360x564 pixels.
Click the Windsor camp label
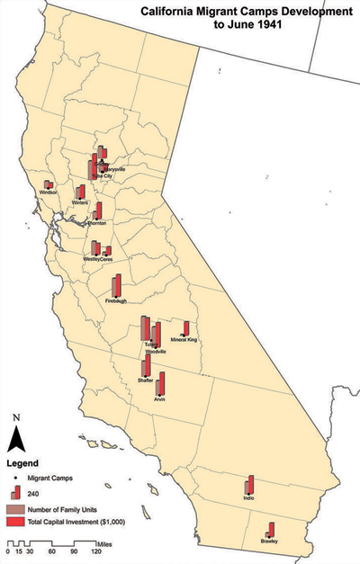(x=48, y=192)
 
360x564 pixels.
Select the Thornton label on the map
(x=96, y=222)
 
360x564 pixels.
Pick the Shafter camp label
(x=145, y=380)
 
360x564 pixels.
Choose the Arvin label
(x=160, y=398)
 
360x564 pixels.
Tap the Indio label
(x=249, y=498)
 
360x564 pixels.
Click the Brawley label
(x=271, y=541)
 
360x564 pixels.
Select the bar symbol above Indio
(x=249, y=485)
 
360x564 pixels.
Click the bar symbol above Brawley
(x=271, y=529)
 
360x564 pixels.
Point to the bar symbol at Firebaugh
(x=116, y=286)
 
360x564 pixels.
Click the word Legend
(x=22, y=464)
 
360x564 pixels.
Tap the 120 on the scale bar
(x=107, y=551)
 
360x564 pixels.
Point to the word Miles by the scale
(x=107, y=543)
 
